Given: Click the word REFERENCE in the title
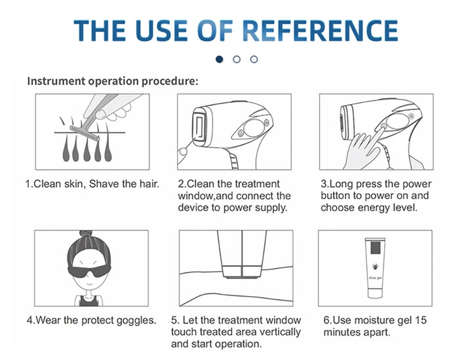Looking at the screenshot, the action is (320, 30).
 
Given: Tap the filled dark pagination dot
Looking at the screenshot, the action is (220, 59).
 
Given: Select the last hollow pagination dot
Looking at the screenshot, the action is (254, 59).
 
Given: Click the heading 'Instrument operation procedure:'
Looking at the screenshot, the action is (113, 81).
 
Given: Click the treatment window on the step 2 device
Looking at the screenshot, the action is (199, 126).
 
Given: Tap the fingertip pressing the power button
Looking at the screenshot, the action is (383, 127).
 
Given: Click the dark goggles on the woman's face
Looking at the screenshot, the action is (89, 271).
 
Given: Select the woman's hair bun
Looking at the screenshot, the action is (86, 233).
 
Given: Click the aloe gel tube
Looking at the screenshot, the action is (375, 267).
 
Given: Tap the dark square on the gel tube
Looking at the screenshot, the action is (376, 248).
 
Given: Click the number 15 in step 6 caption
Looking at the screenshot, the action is (421, 320).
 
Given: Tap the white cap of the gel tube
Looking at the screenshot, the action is (375, 294).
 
